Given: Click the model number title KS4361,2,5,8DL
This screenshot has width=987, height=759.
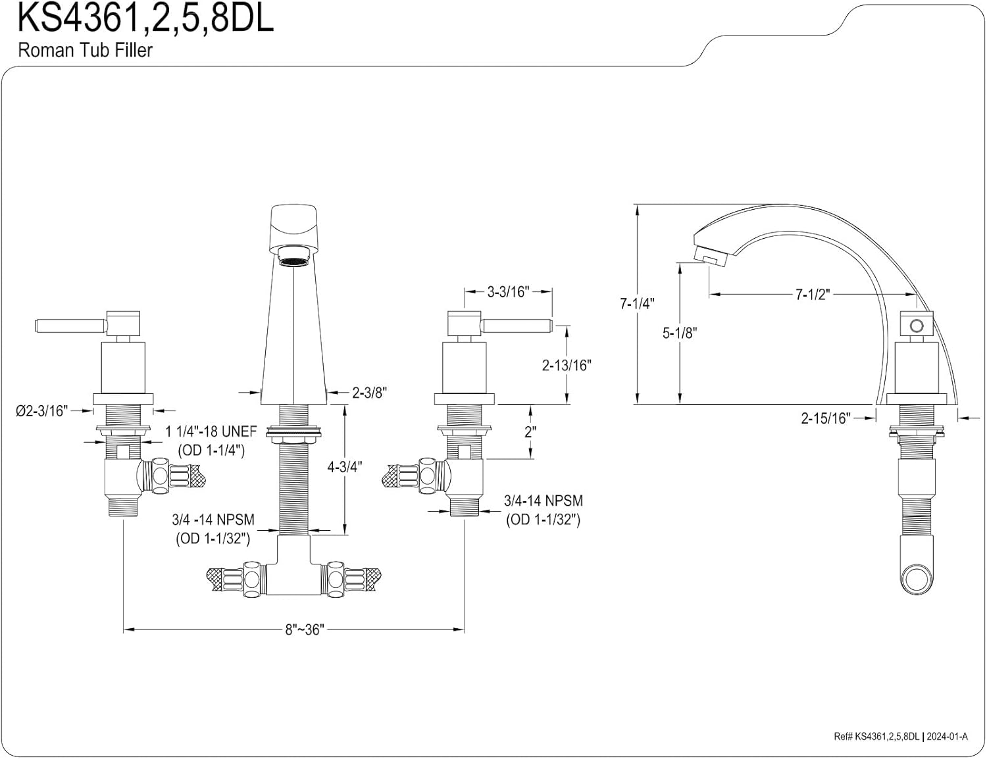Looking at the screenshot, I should [145, 18].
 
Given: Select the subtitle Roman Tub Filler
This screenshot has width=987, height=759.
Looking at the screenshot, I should [86, 50].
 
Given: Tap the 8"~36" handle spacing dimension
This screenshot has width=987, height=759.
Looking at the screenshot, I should [305, 629].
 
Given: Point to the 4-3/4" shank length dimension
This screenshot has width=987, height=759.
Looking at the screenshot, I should [345, 467].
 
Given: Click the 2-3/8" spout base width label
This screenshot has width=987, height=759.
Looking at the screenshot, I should [369, 393].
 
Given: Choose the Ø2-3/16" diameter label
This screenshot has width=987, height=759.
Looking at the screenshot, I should [41, 411].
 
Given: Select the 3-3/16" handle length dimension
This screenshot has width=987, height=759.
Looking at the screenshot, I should [508, 292].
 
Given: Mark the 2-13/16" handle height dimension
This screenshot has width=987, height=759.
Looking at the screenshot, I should [567, 365].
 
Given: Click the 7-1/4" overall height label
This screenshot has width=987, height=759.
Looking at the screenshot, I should [637, 303].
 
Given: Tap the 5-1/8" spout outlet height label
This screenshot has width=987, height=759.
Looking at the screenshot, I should [680, 333].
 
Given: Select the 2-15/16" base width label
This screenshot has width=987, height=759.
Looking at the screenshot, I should [825, 418].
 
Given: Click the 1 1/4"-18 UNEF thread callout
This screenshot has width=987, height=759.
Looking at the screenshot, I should [211, 432].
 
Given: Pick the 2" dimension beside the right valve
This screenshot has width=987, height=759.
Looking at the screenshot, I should [530, 432].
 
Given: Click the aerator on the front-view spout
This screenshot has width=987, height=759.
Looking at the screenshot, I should [294, 257].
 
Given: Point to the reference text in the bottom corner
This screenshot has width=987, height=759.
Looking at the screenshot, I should [901, 737].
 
